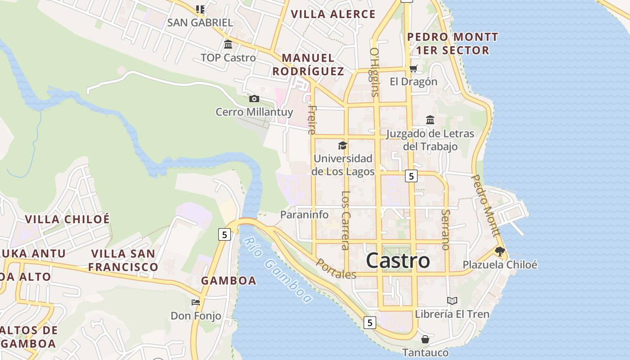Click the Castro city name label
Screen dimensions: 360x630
398,261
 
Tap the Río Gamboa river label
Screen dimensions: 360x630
278,270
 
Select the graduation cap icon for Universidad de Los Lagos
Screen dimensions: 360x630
343,145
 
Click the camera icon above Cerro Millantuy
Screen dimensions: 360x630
254,99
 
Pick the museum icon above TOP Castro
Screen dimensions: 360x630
228,45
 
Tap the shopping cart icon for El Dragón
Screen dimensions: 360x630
413,69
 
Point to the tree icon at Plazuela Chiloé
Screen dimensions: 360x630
499,252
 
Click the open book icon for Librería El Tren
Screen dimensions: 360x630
452,301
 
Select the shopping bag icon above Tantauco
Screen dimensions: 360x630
425,339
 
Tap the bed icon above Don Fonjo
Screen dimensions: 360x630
196,302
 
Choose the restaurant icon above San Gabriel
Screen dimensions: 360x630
200,9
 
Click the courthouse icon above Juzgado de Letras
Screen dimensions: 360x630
430,120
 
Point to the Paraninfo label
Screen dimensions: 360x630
304,215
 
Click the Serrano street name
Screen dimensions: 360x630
446,229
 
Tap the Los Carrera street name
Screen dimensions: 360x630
346,220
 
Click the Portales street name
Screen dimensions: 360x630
336,269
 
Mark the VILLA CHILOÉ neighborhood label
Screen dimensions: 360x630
67,219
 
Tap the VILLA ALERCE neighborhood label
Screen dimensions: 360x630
333,14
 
